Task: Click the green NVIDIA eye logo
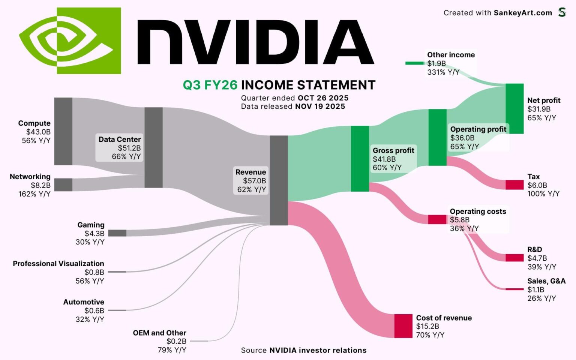(70, 40)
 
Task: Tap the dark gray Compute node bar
(63, 131)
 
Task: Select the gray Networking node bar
(63, 184)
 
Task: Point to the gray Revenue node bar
(279, 180)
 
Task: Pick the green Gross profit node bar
(360, 159)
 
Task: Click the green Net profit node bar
(514, 108)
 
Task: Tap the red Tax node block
(514, 185)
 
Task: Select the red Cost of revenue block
(403, 326)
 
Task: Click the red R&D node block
(514, 258)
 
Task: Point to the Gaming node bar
(117, 233)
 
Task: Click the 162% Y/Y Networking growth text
(34, 194)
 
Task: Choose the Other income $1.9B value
(436, 63)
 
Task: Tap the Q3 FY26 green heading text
(210, 85)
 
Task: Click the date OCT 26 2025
(323, 98)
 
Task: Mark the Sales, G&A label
(546, 281)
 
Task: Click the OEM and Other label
(159, 333)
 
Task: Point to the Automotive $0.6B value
(94, 310)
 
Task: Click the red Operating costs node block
(437, 219)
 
